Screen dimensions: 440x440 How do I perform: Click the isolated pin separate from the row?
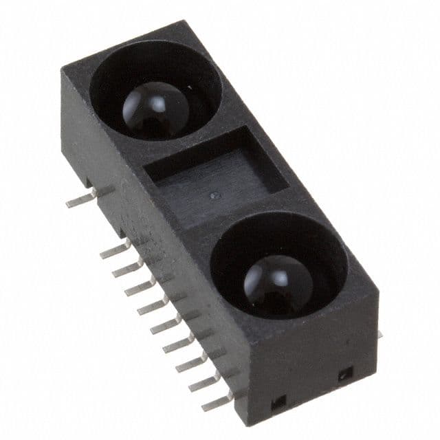pos(81,199)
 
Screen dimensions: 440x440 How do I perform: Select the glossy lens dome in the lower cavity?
pos(278,280)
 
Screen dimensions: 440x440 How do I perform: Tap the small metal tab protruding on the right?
pos(379,334)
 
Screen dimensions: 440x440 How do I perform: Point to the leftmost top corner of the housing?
pos(61,71)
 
